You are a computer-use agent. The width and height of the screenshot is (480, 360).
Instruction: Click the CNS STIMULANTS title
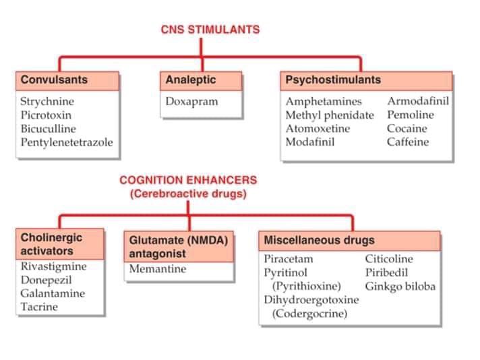click(210, 29)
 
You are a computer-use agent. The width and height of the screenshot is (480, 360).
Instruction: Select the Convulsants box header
click(54, 80)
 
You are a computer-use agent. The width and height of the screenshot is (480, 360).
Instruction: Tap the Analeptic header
click(191, 80)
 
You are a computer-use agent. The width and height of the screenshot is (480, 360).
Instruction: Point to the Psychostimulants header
click(333, 80)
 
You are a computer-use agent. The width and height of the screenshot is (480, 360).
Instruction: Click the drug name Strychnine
click(47, 102)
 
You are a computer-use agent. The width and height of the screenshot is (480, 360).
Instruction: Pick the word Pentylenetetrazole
click(67, 142)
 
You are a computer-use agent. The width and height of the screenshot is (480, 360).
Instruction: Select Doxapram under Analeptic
click(192, 102)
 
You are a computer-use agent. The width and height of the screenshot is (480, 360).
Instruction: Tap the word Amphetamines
click(324, 102)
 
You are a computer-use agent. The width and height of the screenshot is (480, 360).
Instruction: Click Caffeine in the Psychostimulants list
click(408, 142)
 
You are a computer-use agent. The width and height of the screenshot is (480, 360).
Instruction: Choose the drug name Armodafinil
click(418, 102)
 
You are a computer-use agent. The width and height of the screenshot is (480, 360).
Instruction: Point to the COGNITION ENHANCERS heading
click(188, 180)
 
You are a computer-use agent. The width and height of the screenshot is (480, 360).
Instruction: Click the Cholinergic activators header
click(52, 244)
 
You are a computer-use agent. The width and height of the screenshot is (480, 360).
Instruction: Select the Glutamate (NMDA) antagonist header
click(178, 247)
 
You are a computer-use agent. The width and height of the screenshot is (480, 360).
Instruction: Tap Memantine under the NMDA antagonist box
click(157, 269)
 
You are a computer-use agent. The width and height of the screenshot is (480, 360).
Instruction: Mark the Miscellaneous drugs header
click(319, 240)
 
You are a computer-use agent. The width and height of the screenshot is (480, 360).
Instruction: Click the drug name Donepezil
click(44, 280)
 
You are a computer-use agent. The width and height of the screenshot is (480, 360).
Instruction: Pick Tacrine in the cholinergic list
click(39, 307)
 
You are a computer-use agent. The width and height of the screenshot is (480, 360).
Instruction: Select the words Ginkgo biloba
click(400, 287)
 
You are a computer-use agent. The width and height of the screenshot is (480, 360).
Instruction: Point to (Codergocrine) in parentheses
click(309, 313)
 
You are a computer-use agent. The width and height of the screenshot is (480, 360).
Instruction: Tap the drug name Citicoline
click(389, 259)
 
